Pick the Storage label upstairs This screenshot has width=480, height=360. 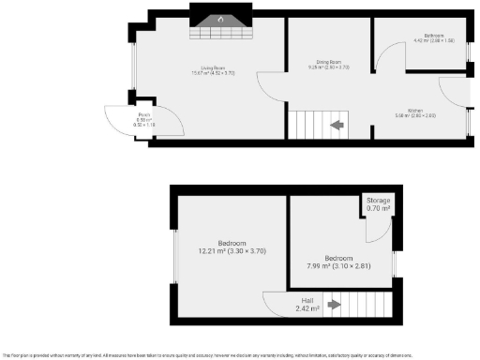[x=378, y=201]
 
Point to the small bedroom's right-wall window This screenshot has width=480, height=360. [x=396, y=264]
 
